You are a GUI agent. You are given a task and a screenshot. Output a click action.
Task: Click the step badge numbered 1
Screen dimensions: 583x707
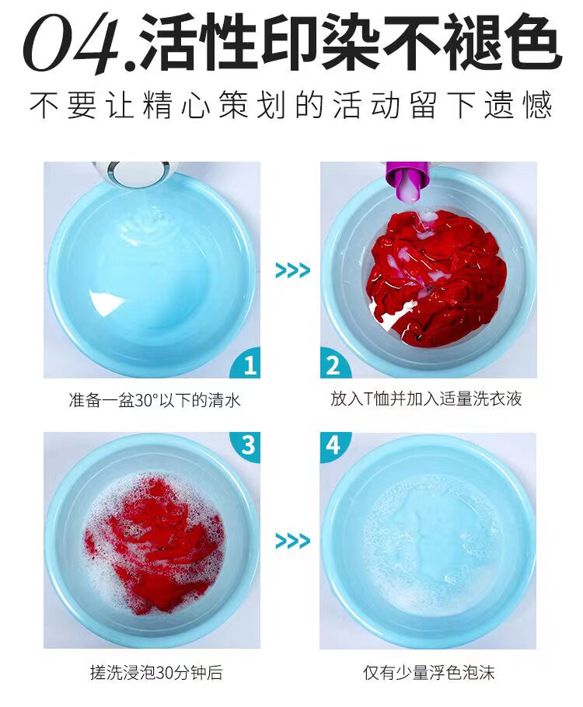pos(246,363)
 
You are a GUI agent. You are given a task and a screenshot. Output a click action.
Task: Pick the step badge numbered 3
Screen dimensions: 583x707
pos(245,448)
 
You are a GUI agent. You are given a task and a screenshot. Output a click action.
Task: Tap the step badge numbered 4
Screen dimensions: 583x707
pos(335,448)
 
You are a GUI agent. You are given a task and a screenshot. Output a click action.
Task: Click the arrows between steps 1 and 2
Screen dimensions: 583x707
pos(292,270)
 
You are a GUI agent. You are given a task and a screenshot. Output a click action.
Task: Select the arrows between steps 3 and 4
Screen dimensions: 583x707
pos(292,541)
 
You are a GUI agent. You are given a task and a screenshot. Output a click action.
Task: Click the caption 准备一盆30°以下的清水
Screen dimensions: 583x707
pos(155,400)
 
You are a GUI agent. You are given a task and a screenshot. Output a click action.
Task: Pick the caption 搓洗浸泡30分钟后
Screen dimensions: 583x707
pos(156,673)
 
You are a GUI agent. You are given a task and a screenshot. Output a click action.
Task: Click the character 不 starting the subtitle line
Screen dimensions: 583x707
pos(44,105)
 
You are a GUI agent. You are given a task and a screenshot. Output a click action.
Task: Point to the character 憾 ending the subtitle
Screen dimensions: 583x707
pos(537,105)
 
